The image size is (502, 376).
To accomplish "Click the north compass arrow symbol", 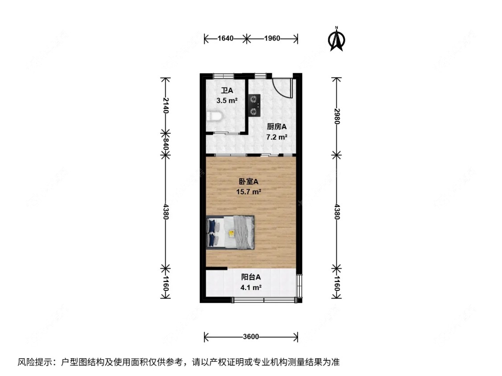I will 337,39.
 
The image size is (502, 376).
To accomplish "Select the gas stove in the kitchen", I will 254,105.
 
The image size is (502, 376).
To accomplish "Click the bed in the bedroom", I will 231,232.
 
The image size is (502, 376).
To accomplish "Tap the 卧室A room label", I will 249,182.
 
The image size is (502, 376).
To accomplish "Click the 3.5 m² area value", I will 227,101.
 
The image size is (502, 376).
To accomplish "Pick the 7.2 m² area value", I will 276,137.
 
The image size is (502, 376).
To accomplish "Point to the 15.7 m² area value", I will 249,192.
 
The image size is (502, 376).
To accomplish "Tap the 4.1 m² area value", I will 250,287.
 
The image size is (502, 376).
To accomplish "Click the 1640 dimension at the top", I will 226,38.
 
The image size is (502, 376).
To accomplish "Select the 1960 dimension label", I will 271,38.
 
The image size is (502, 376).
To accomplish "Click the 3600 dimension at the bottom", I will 251,337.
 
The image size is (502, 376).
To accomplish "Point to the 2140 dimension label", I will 166,105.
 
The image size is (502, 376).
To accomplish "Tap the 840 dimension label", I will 166,144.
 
